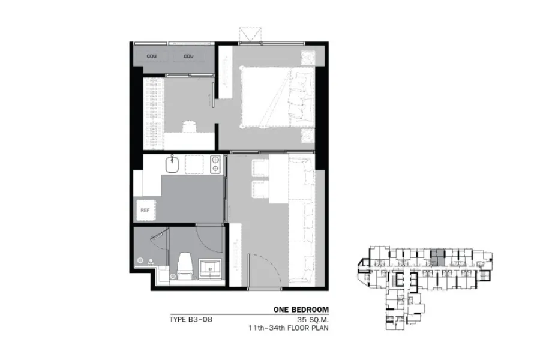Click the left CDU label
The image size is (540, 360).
[x=152, y=56]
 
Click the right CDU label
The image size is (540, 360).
[x=188, y=56]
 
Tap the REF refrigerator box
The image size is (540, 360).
[x=146, y=211]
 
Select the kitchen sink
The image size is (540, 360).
[x=172, y=164]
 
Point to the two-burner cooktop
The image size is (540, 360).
[x=215, y=164]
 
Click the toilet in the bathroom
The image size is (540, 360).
[x=185, y=266]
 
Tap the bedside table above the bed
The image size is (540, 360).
[x=308, y=58]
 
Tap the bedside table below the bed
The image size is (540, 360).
[x=308, y=136]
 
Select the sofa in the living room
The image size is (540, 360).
[x=302, y=220]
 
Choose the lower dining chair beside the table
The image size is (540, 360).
[x=261, y=190]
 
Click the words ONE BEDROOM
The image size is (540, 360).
[x=301, y=310]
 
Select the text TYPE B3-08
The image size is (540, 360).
[x=191, y=319]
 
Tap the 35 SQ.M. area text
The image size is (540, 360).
[x=310, y=319]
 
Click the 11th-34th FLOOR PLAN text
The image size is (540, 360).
[x=288, y=328]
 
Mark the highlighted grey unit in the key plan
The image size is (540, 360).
[x=438, y=257]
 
